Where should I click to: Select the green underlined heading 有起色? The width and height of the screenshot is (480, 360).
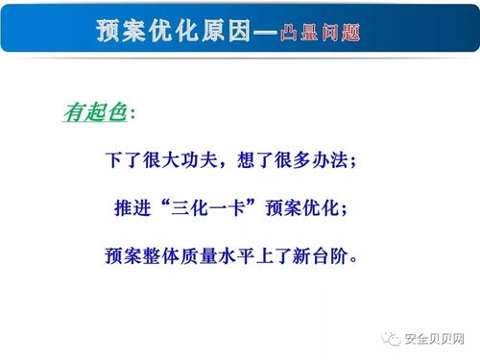(x=94, y=113)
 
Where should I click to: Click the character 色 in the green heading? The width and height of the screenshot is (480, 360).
(x=117, y=113)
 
